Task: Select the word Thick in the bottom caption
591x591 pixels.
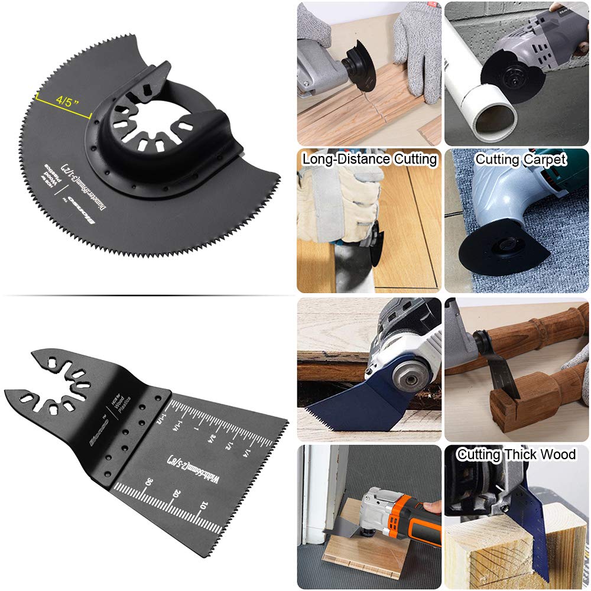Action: (x=520, y=454)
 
